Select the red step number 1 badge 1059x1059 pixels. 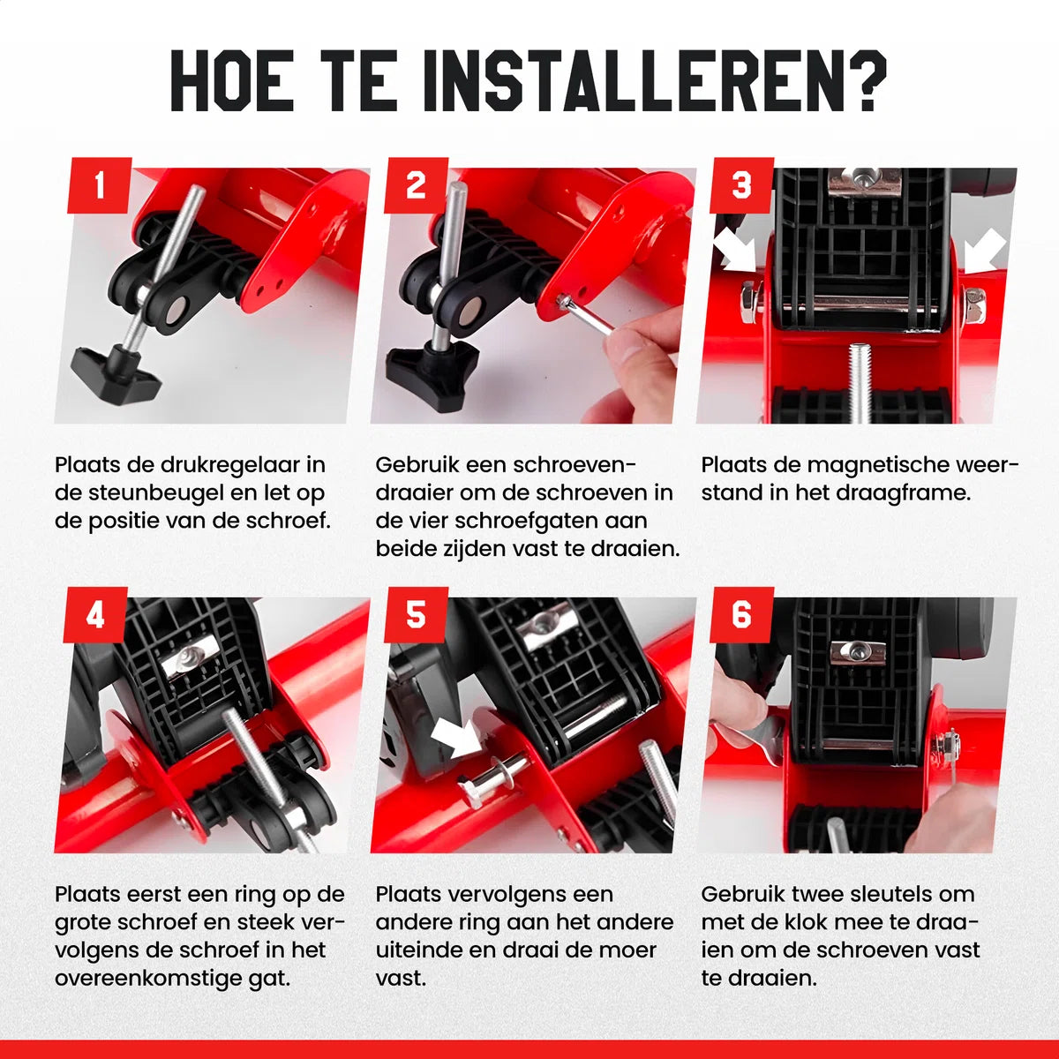pyautogui.click(x=99, y=185)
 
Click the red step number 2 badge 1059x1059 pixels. pyautogui.click(x=416, y=185)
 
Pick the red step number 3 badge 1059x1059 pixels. pyautogui.click(x=742, y=185)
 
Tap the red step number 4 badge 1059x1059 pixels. pyautogui.click(x=95, y=614)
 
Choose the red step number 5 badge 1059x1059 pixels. pyautogui.click(x=416, y=614)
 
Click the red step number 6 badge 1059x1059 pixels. pyautogui.click(x=742, y=614)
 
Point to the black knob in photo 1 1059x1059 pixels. pyautogui.click(x=116, y=372)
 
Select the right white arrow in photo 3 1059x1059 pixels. pyautogui.click(x=986, y=251)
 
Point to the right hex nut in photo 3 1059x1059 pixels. pyautogui.click(x=974, y=305)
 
